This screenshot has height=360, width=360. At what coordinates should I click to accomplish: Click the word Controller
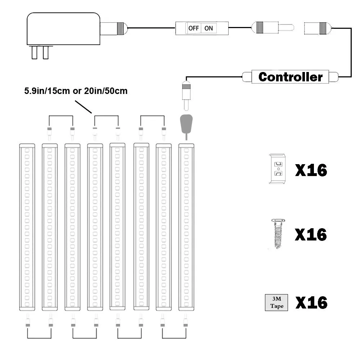(x=290, y=77)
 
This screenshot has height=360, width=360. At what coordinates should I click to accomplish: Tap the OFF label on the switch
(x=193, y=28)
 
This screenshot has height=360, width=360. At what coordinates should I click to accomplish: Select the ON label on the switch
(x=209, y=28)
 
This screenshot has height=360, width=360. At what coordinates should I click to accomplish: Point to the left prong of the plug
(x=35, y=53)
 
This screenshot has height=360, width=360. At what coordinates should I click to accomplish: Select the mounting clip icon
(x=278, y=169)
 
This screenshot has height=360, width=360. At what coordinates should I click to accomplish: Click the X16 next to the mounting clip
(x=311, y=170)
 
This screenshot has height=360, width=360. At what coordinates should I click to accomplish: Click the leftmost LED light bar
(x=27, y=227)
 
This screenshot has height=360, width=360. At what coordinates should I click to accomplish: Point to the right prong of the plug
(x=45, y=53)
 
